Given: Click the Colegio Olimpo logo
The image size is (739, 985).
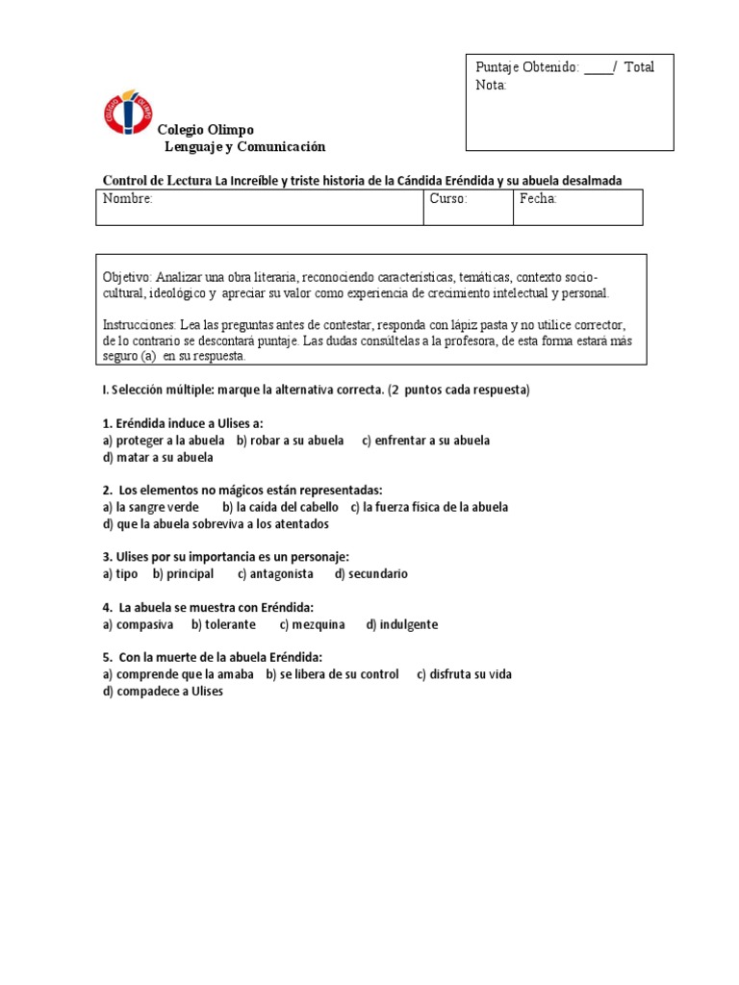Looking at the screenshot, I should (x=127, y=112).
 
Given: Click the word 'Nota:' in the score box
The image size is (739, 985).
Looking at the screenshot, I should (x=491, y=85).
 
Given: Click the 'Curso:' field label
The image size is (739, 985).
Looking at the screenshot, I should (x=448, y=199).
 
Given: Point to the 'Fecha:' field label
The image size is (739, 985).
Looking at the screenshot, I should (x=539, y=199).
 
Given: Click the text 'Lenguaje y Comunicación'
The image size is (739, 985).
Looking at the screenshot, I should (x=245, y=147).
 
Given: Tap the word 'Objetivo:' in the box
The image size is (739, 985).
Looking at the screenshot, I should (x=127, y=277).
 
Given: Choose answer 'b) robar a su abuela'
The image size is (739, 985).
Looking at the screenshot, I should (x=290, y=441).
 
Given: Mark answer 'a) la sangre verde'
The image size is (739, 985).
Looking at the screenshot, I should (x=151, y=507).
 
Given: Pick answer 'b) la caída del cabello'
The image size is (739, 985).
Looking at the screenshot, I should (x=280, y=507).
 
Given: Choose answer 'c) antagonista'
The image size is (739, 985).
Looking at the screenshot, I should (x=275, y=574).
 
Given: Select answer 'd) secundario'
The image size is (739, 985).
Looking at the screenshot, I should (x=371, y=574).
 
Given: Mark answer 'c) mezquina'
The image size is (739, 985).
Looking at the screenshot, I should (x=312, y=624).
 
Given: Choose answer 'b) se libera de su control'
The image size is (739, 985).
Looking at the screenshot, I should (x=332, y=674).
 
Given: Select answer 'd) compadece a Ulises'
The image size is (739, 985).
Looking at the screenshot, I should (x=163, y=691).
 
